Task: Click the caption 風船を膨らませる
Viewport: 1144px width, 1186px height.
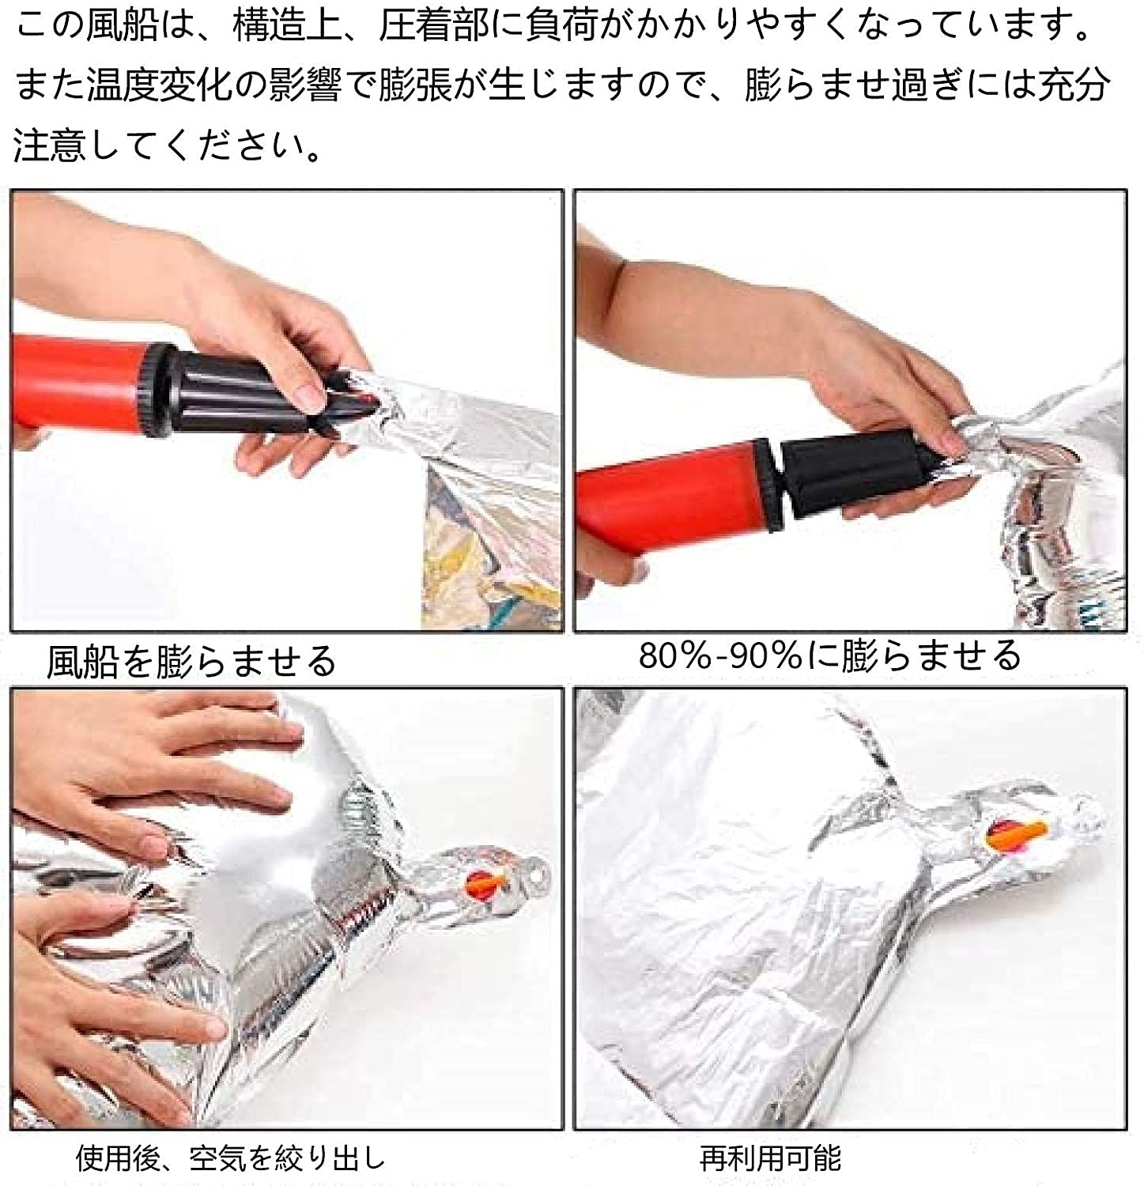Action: pos(192,660)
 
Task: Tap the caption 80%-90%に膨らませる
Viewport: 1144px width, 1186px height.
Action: pos(830,655)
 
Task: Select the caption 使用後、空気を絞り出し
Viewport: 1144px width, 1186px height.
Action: pos(231,1158)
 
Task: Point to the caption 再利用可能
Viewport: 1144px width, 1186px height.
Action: pos(770,1158)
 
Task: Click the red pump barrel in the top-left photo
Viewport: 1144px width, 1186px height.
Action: pos(80,392)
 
